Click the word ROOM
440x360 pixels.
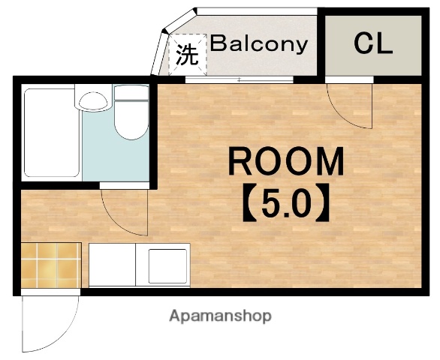[286, 161]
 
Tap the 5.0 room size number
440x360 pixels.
[286, 203]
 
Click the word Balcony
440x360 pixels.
[259, 44]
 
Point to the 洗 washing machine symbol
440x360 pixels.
[187, 55]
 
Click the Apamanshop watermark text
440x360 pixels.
[220, 316]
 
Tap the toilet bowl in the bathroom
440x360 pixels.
[131, 120]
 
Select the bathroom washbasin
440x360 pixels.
[93, 101]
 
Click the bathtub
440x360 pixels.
[52, 133]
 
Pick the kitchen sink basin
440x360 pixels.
[167, 266]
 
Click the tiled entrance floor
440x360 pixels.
[51, 265]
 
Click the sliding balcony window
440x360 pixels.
[240, 79]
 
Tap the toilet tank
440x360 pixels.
[131, 92]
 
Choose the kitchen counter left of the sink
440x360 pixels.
[112, 265]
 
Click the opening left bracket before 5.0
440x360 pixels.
[249, 203]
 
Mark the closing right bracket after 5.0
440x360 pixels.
[322, 203]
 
